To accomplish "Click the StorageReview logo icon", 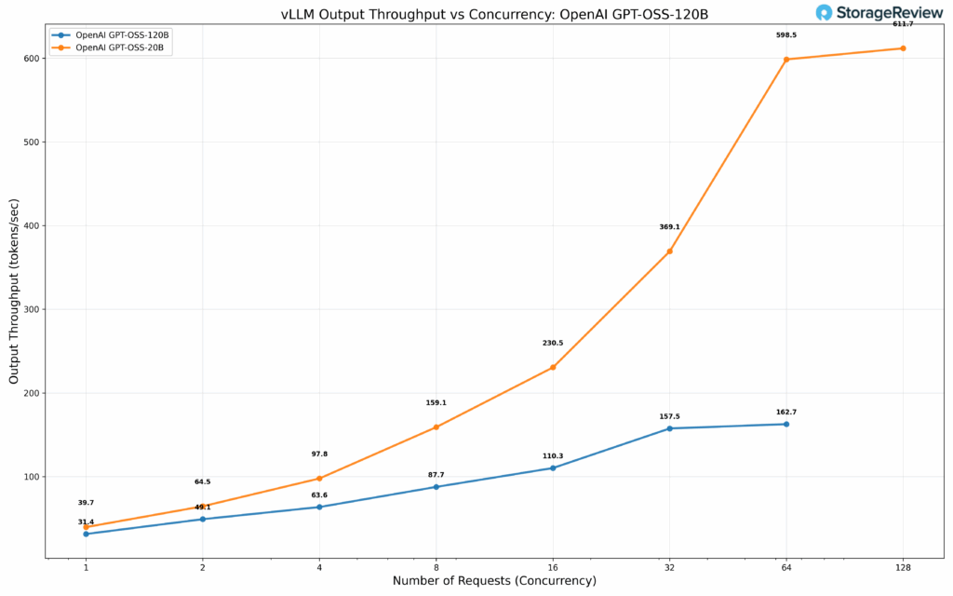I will click(825, 12).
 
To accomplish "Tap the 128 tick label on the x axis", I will click(903, 566).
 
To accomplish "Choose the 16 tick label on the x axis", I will click(553, 566).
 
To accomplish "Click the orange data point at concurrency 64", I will click(786, 60).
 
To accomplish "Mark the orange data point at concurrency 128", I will click(903, 48).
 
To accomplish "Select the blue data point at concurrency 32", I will click(669, 428).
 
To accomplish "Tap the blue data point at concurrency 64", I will click(786, 424).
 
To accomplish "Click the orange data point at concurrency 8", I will click(436, 427).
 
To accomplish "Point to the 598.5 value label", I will click(786, 35).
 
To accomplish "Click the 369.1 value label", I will click(669, 227).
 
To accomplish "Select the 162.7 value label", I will click(786, 412).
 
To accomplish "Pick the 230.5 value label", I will click(553, 344).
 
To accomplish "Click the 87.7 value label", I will click(436, 475).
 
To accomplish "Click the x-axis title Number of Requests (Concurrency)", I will click(494, 581).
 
